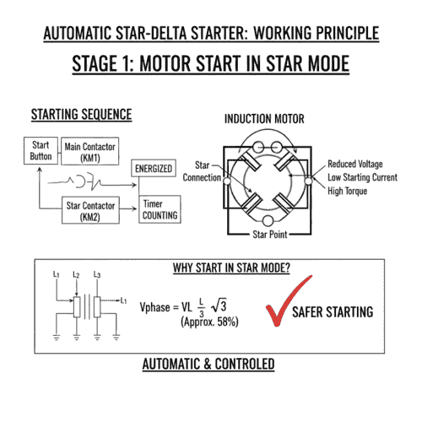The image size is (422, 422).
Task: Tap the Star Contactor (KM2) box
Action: (89, 210)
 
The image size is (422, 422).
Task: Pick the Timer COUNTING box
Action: (160, 210)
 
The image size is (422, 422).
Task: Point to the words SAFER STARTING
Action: (333, 312)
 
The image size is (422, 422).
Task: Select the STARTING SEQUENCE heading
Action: (81, 114)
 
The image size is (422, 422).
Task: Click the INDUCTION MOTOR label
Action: (263, 119)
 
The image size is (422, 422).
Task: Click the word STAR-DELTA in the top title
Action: (174, 35)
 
